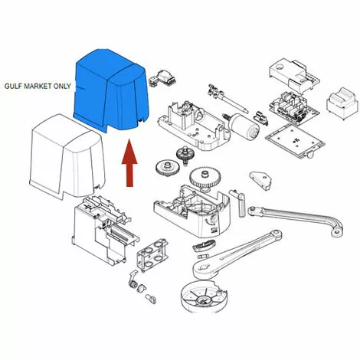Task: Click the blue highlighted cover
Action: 110,90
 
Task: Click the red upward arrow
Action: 129,162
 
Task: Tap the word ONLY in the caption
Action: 62,86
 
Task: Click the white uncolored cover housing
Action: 67,156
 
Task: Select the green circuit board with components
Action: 293,107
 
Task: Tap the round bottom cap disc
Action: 204,297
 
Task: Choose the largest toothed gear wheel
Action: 205,178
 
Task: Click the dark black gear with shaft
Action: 185,155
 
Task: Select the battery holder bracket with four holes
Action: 152,254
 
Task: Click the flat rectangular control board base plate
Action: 295,139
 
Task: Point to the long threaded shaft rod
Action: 228,99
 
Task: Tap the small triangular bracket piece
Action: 260,180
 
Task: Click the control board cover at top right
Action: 294,74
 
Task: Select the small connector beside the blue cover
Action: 162,78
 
